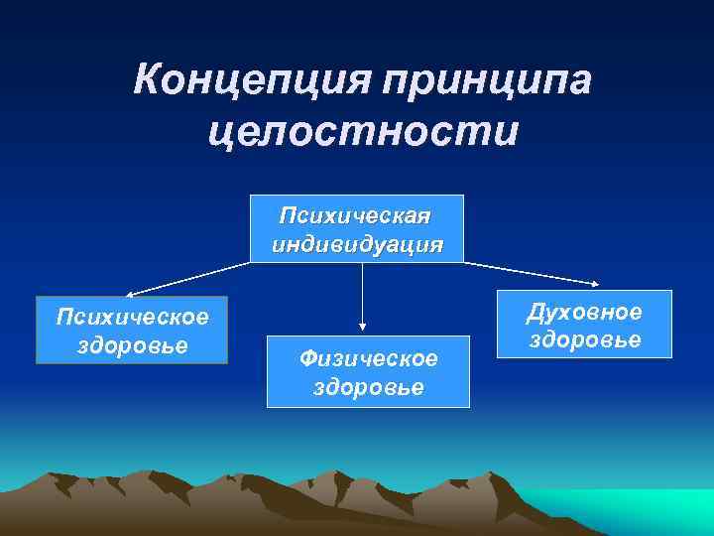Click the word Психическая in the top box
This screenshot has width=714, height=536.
[x=356, y=215]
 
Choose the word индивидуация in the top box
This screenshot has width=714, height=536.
[x=356, y=243]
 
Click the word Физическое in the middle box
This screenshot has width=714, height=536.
[x=368, y=356]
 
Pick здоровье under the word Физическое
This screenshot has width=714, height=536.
[x=368, y=385]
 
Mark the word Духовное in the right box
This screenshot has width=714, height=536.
[x=584, y=312]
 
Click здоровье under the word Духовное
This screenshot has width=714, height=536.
[x=584, y=339]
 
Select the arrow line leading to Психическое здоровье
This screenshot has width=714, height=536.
[x=188, y=278]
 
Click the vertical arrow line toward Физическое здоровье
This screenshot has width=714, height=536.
[x=363, y=293]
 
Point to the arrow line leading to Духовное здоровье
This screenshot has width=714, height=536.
[x=531, y=275]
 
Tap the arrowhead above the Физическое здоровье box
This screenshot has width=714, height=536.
[x=363, y=325]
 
